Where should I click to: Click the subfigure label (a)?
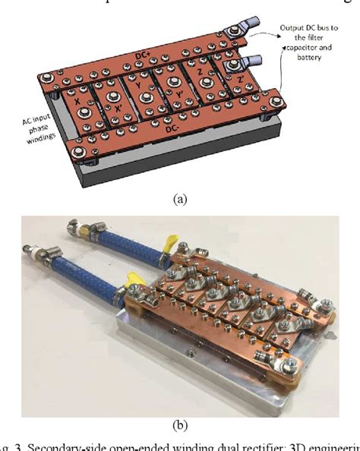[x=180, y=199]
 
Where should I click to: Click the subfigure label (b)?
[x=179, y=425]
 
